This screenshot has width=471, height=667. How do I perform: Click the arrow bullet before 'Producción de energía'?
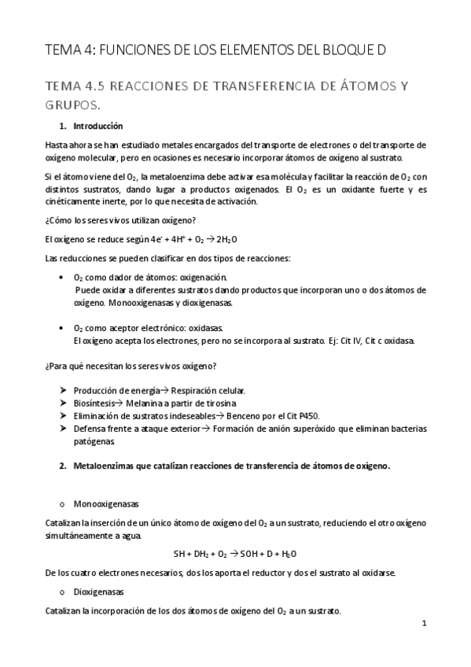tap(63, 390)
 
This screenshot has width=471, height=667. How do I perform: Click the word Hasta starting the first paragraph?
tap(57, 145)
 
